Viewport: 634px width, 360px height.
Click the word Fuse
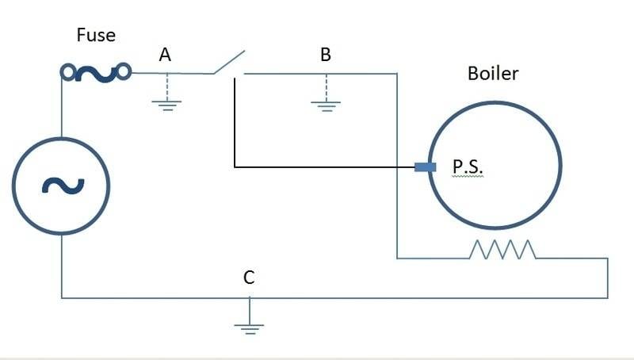click(96, 36)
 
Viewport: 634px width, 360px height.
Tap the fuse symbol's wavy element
click(96, 74)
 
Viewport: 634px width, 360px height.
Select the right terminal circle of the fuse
click(124, 73)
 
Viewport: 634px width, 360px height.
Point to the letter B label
click(326, 55)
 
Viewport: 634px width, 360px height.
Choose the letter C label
click(249, 278)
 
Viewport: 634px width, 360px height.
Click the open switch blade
click(229, 62)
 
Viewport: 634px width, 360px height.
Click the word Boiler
click(493, 74)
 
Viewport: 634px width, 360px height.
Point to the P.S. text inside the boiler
click(468, 168)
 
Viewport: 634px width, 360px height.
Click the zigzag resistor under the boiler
click(503, 250)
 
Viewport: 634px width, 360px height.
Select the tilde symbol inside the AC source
click(60, 185)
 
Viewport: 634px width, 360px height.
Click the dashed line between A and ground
click(167, 86)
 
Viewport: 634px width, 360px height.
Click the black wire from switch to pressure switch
click(317, 167)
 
